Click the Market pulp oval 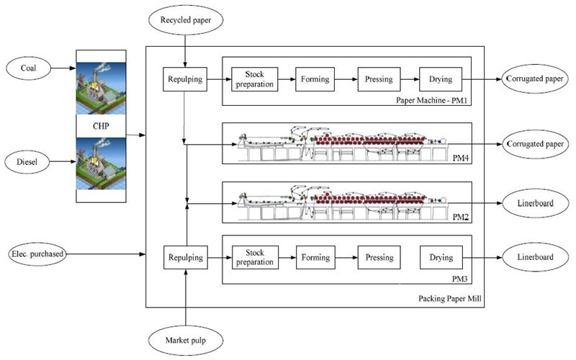tap(186, 338)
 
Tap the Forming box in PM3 tap(315, 258)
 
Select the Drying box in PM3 tap(441, 258)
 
